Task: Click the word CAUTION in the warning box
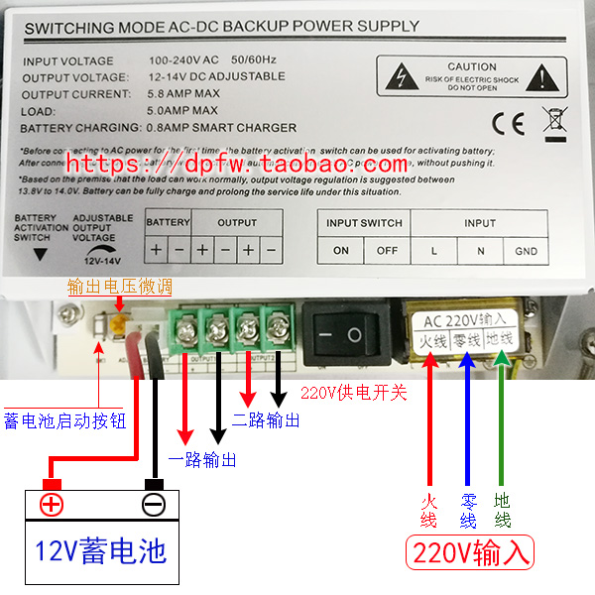(471, 66)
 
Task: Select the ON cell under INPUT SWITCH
(341, 251)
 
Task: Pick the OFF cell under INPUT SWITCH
(387, 251)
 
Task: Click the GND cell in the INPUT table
(526, 251)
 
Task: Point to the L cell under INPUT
(434, 251)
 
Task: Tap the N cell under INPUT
(481, 251)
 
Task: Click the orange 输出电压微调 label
(119, 287)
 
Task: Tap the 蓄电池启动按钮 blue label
(64, 420)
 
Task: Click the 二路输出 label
(266, 420)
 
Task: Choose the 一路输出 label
(202, 459)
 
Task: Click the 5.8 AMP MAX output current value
(184, 93)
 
